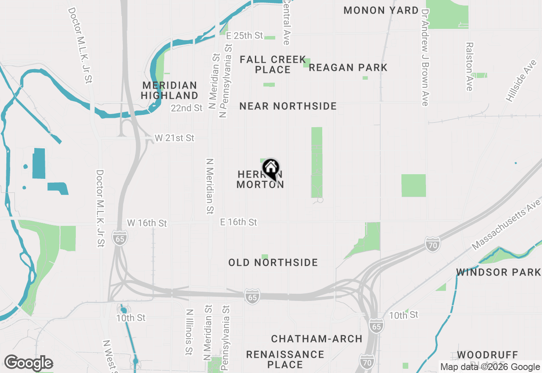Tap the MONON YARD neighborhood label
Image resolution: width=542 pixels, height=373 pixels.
(x=381, y=11)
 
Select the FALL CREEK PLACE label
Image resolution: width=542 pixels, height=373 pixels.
(x=273, y=64)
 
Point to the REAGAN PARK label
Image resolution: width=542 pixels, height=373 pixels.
(x=348, y=67)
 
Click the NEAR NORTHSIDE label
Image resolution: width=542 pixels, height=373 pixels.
(x=288, y=106)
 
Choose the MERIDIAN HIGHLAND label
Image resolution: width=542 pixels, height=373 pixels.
(x=169, y=90)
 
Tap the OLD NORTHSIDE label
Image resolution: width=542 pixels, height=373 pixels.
(x=273, y=263)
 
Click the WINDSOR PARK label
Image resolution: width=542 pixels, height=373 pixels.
(x=498, y=272)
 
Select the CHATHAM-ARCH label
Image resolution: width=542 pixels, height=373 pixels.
(x=317, y=339)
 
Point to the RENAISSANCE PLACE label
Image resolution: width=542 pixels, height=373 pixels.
(x=285, y=359)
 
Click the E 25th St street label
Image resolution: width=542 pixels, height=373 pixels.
(x=245, y=36)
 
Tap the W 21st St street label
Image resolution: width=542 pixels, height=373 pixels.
(x=174, y=138)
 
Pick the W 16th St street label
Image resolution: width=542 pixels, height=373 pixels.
(x=147, y=223)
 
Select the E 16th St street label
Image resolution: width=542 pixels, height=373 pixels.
(x=238, y=222)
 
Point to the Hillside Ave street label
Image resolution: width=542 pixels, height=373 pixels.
(x=521, y=81)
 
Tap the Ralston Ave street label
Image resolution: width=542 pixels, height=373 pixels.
(x=469, y=66)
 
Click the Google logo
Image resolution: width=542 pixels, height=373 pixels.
(x=28, y=363)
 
